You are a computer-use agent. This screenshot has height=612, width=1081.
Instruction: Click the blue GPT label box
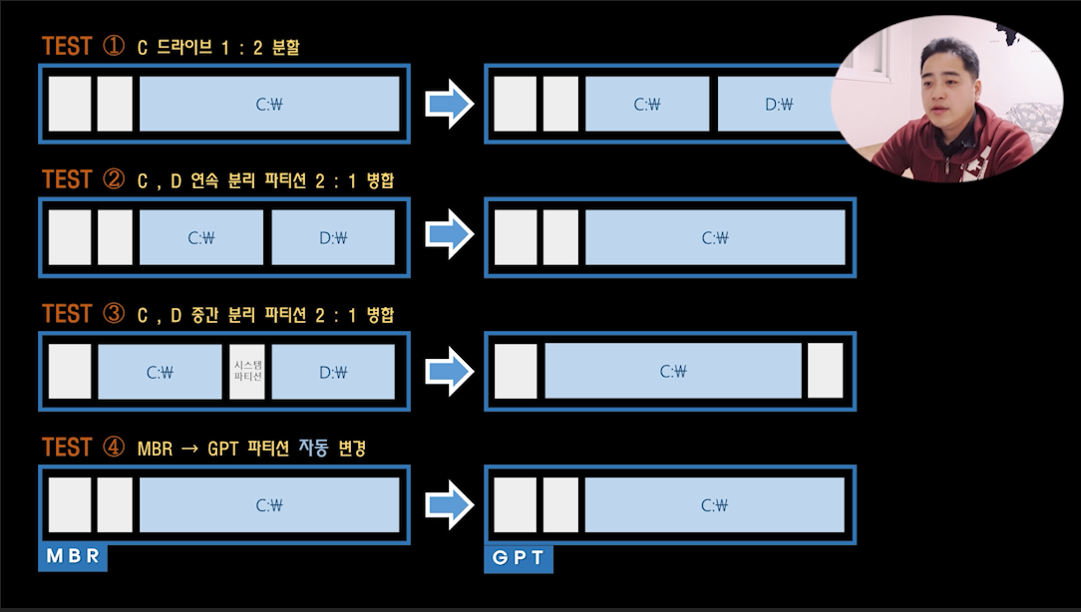coord(519,557)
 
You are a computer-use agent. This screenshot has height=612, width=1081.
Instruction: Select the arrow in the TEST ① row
coord(451,104)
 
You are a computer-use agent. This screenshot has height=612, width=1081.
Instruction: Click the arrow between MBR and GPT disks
coord(451,505)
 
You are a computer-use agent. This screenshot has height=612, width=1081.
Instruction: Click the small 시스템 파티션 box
coord(247,372)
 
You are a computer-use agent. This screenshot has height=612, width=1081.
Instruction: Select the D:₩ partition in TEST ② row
coord(333,237)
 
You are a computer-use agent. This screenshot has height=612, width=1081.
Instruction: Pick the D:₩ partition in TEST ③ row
coord(333,372)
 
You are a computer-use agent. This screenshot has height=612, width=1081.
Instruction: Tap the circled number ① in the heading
coord(113,46)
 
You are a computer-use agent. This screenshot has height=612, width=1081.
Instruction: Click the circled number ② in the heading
coord(113,179)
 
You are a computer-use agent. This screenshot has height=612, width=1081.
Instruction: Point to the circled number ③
coord(113,314)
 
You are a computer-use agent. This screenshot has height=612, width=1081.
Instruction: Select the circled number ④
coord(113,448)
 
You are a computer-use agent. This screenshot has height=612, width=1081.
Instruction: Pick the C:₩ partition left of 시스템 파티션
coord(160,372)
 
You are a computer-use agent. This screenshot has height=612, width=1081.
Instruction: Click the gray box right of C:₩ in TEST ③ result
coord(825,372)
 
